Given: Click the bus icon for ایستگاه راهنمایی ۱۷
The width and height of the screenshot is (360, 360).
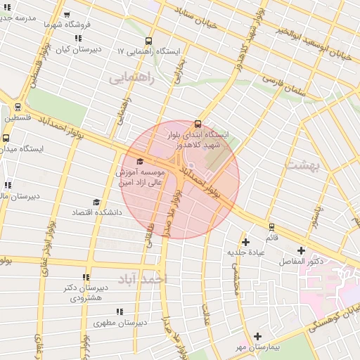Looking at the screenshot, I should click(x=148, y=41).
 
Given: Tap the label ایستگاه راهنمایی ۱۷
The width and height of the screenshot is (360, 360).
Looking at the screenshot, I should click(x=149, y=52).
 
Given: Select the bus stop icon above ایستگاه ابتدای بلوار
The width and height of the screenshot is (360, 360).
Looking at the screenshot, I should click(x=198, y=124).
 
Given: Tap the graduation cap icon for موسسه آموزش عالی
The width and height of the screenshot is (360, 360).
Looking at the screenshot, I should click(x=139, y=162).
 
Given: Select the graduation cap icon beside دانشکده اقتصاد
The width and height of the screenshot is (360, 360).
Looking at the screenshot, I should click(x=96, y=202).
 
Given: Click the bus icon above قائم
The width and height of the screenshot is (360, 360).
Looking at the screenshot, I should click(x=271, y=227).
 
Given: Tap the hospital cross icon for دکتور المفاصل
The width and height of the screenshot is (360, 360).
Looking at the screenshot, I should click(x=302, y=250).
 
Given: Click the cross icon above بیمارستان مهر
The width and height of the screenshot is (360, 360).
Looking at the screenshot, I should click(x=258, y=337).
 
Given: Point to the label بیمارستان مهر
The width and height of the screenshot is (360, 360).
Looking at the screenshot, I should click(x=258, y=347).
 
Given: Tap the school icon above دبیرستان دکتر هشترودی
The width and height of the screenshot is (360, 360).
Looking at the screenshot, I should click(x=86, y=278).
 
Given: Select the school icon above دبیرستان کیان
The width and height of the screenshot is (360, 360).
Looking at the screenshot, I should click(x=78, y=38).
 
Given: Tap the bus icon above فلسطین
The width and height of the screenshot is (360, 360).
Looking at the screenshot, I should click(x=18, y=108).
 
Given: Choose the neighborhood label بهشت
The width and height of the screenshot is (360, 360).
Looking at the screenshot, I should click(x=303, y=165).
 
